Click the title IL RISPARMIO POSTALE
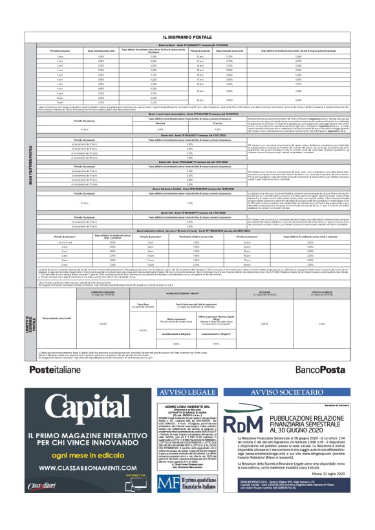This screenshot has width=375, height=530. (x=187, y=38)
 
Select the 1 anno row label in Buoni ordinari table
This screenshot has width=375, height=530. (x=61, y=57)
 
